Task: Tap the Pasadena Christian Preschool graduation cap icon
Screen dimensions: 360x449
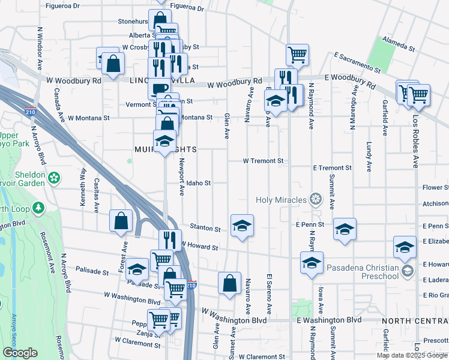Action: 408,271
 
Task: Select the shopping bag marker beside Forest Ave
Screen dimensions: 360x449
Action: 121,221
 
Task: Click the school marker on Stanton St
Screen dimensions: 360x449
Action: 242,226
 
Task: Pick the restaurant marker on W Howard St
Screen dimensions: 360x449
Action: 170,240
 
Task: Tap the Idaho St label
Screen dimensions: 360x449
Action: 198,183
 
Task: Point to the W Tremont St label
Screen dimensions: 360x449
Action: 263,161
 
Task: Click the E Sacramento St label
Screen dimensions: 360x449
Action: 354,63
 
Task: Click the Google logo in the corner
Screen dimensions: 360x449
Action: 20,353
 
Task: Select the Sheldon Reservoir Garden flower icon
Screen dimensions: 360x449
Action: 55,178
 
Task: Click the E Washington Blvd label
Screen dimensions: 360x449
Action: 329,320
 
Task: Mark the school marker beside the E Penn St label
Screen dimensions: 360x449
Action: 345,229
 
